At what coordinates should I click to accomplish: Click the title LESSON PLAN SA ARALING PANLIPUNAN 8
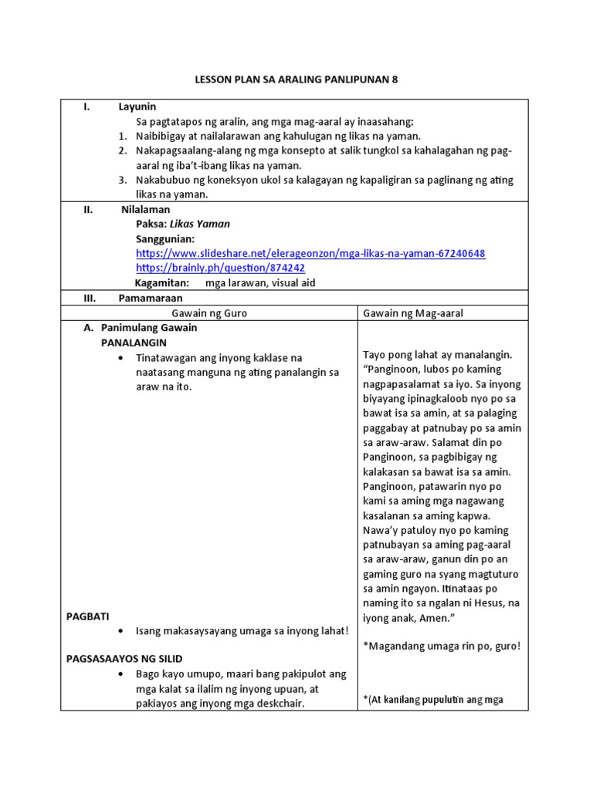[296, 79]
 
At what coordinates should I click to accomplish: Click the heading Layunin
[137, 107]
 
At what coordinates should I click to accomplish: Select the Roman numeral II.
[89, 209]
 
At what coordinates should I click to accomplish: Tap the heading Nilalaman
[145, 209]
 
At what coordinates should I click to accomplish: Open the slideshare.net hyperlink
[310, 253]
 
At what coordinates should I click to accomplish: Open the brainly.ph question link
[220, 268]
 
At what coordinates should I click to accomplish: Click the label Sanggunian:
[164, 238]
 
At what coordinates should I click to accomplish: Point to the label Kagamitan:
[162, 282]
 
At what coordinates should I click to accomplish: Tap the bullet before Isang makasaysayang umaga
[122, 631]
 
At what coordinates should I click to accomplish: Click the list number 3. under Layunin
[122, 180]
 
